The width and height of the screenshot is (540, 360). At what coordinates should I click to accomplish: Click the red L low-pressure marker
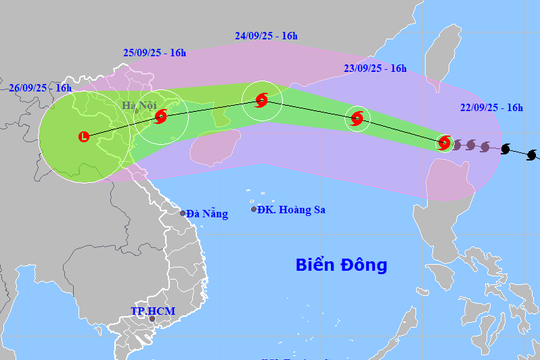coord(83,136)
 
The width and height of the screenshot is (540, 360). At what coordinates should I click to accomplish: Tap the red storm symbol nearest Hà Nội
coord(161,116)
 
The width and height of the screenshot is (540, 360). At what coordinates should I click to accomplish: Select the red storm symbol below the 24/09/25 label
coord(261,100)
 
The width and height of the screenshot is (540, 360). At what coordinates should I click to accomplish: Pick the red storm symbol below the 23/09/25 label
coord(357,120)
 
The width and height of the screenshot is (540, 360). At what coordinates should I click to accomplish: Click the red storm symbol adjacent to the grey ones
coord(445,143)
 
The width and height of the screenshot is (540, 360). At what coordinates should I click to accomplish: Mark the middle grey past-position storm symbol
coord(471,146)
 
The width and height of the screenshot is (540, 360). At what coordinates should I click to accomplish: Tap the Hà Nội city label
coord(140,105)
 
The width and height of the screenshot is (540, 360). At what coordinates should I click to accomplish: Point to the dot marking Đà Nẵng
coord(183,213)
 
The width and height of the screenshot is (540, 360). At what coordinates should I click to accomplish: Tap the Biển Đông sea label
coord(341,265)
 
